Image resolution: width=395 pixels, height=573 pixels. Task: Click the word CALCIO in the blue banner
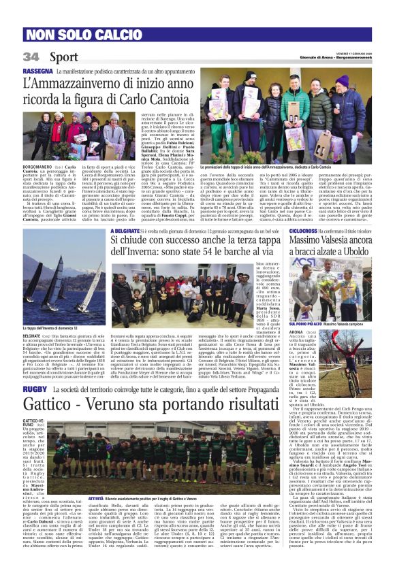(103, 35)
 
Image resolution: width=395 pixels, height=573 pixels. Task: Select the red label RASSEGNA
(38, 71)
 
